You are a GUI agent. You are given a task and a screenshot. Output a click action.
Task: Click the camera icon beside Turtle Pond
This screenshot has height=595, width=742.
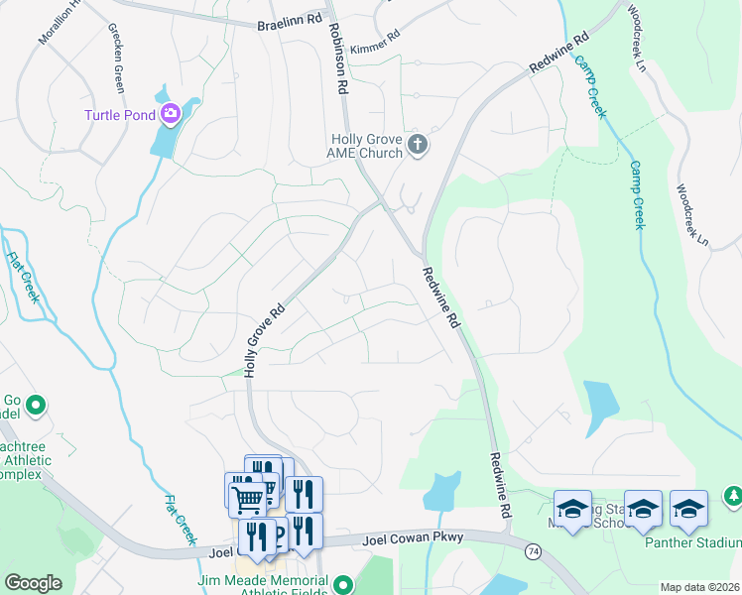(170, 115)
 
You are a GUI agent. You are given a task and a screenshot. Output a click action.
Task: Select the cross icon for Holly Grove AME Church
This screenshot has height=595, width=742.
(418, 146)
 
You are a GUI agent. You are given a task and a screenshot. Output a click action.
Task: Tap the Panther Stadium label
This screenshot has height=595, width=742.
(700, 542)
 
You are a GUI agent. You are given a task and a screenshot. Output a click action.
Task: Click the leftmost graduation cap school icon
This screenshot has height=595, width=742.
(572, 509)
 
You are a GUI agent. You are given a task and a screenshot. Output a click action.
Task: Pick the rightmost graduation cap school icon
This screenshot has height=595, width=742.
(688, 509)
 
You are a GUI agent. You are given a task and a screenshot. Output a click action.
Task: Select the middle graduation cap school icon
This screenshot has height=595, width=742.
(643, 509)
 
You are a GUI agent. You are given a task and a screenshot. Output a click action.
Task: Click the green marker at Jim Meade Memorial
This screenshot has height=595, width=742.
(342, 584)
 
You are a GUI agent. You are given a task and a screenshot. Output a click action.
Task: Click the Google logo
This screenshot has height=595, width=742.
(33, 583)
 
